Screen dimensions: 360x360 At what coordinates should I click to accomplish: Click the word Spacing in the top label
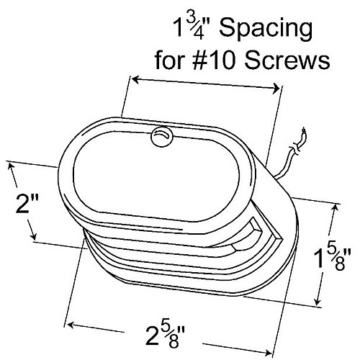pos(266,31)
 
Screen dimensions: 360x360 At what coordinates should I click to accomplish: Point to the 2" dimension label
pos(27,204)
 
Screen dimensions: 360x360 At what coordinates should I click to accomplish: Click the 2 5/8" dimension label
pos(166,336)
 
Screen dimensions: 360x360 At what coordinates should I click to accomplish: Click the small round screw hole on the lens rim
pos(162,137)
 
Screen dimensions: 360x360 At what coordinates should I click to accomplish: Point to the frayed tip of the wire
pos(304,132)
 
